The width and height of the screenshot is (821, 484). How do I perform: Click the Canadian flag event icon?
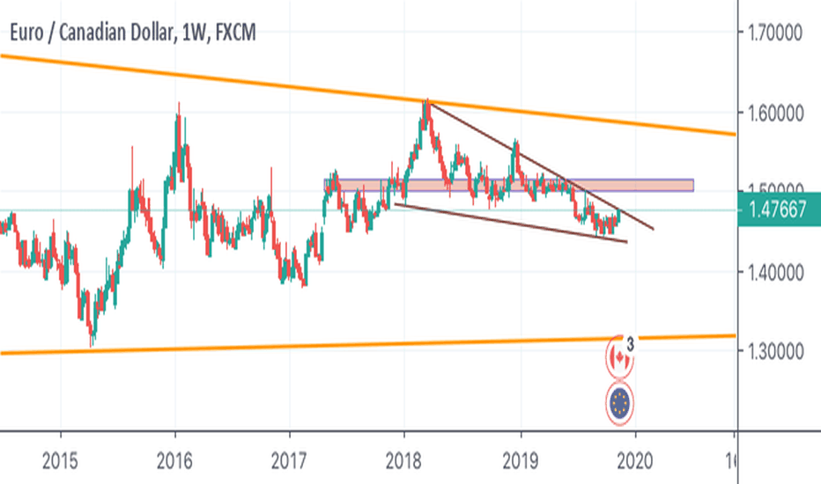point(620,357)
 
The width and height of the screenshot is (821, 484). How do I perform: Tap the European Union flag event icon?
point(620,403)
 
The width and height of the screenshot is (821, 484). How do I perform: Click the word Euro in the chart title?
point(27,33)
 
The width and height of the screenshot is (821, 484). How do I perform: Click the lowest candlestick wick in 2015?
point(91,345)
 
